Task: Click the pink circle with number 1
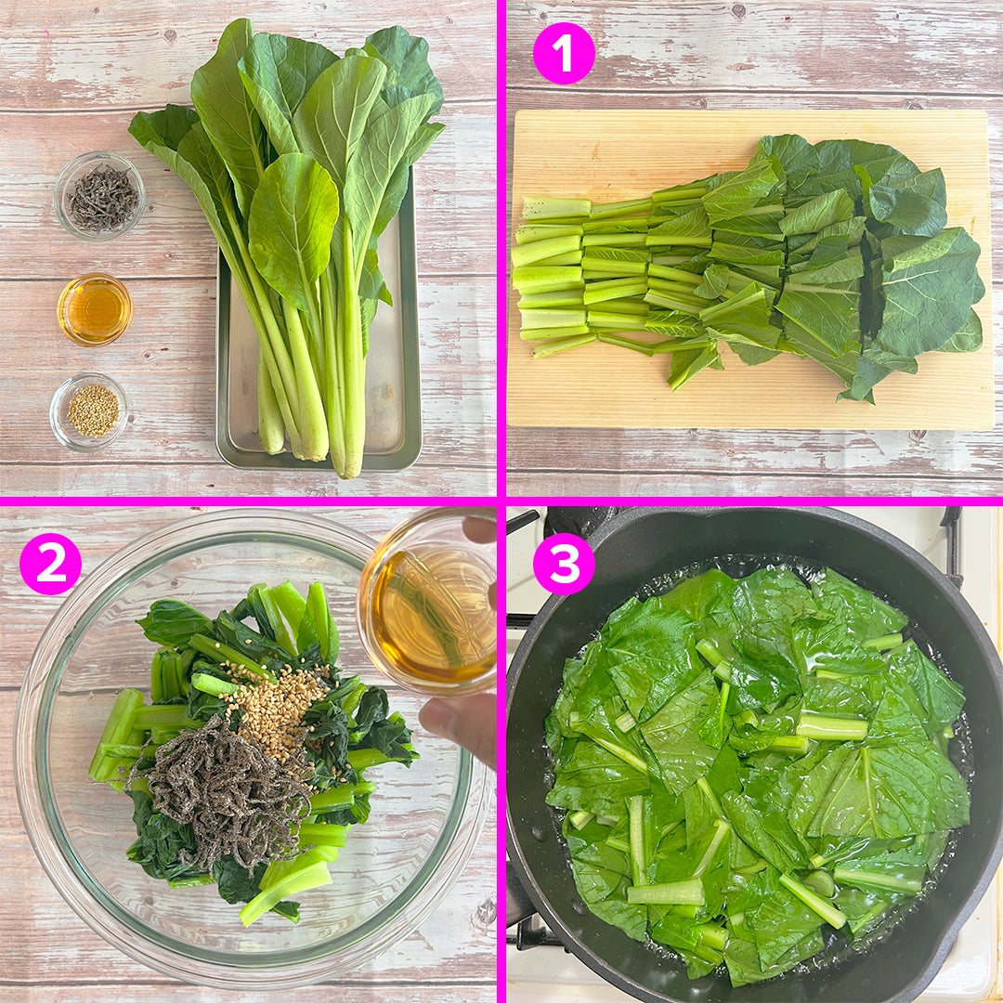tap(564, 54)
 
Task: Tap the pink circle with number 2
tap(50, 564)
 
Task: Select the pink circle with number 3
tap(564, 564)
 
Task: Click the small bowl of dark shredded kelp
tap(99, 195)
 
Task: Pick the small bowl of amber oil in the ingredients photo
tap(95, 309)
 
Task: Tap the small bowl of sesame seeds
tap(89, 410)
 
